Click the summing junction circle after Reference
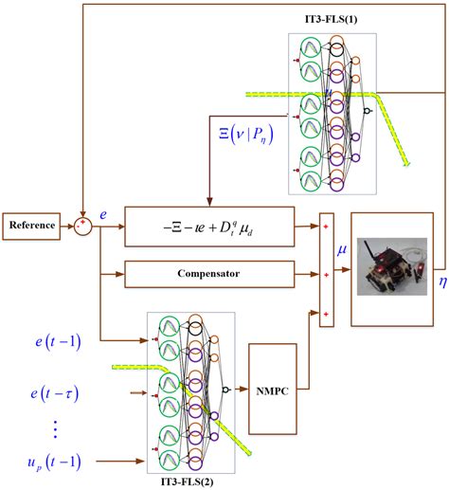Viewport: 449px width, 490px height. [x=84, y=227]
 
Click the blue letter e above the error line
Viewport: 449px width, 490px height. [x=103, y=216]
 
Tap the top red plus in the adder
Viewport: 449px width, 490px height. [x=326, y=228]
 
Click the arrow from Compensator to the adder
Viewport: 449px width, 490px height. [x=303, y=274]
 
